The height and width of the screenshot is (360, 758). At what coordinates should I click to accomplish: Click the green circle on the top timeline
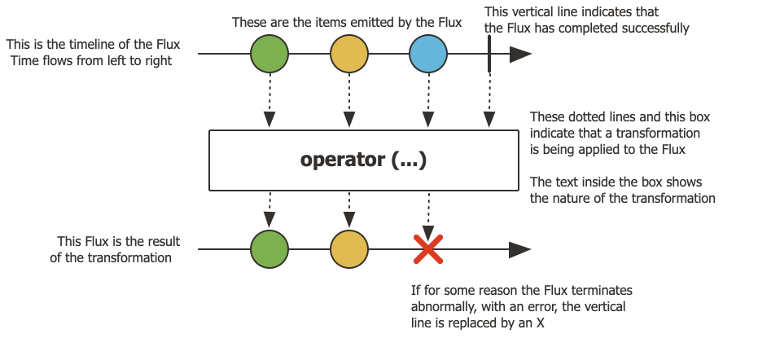click(x=269, y=55)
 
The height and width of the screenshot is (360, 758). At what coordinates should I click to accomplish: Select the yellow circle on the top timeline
click(x=349, y=55)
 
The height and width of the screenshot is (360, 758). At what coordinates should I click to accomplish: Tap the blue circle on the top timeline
click(x=428, y=55)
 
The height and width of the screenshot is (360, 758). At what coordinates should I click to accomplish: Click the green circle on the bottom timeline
click(x=269, y=249)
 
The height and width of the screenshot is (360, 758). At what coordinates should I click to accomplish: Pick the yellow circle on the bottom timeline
click(x=349, y=249)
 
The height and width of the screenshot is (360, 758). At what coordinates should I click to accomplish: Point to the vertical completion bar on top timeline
click(x=489, y=55)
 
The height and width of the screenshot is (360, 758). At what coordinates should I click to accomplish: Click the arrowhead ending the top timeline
click(x=520, y=55)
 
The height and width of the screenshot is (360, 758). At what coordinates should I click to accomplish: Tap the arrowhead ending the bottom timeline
click(x=520, y=249)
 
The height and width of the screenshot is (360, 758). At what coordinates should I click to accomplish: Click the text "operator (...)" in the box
click(x=363, y=160)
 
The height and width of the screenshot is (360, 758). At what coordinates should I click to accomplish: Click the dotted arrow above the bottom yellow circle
click(x=349, y=211)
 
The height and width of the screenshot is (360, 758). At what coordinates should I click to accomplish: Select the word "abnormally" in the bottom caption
click(x=449, y=306)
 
